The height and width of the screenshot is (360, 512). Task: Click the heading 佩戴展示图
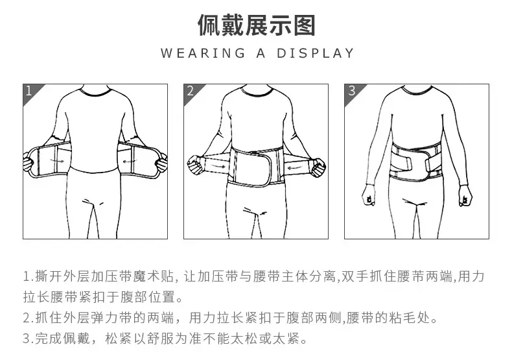(257, 25)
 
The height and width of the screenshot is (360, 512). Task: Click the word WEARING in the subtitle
(203, 53)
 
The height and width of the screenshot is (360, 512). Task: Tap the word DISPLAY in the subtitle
(316, 53)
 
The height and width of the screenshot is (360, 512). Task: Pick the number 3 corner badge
(352, 92)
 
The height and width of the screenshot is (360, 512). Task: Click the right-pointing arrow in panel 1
(56, 161)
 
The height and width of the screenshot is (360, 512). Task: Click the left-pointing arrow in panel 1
(130, 161)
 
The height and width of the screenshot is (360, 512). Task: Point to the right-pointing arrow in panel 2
(217, 166)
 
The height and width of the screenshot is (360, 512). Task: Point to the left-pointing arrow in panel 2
(296, 167)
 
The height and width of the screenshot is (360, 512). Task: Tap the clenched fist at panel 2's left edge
(196, 165)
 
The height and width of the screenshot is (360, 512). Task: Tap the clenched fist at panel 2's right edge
(318, 167)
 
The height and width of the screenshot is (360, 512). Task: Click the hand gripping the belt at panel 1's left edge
(29, 162)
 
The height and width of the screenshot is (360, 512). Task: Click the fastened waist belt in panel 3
(416, 162)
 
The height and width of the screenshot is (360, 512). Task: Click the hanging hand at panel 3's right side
(465, 195)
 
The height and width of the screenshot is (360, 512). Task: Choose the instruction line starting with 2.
(230, 318)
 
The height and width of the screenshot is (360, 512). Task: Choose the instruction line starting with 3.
(165, 339)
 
